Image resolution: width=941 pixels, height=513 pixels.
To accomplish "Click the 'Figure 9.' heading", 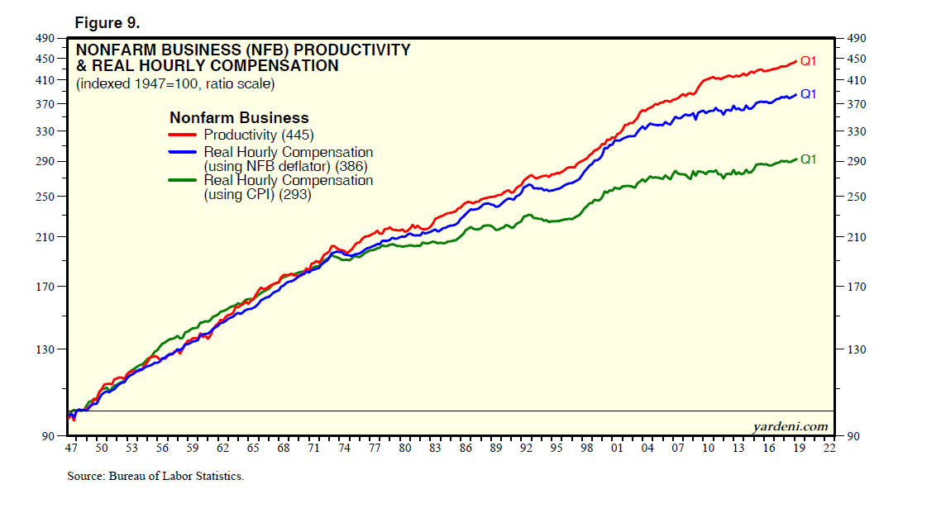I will [x=108, y=20].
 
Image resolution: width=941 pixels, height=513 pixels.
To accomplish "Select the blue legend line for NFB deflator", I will [x=184, y=153].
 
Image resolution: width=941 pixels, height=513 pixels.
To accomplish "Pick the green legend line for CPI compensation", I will [x=184, y=181].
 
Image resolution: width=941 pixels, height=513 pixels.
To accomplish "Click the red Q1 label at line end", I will [x=808, y=60].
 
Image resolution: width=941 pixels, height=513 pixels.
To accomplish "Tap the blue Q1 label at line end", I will [x=808, y=94].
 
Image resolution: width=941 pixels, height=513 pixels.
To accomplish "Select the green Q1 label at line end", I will [x=808, y=159].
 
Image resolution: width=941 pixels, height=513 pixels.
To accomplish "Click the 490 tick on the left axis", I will [x=45, y=38].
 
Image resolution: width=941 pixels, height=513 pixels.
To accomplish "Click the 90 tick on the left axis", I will [x=48, y=435].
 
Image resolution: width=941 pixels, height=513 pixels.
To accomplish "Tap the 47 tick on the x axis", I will [x=72, y=448].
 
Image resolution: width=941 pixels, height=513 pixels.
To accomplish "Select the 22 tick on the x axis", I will [x=829, y=448].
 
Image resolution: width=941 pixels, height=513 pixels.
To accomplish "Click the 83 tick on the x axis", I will [x=435, y=448].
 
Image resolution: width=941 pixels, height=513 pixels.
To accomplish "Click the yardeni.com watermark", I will [x=790, y=426].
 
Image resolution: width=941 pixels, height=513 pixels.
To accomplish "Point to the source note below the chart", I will [x=155, y=477].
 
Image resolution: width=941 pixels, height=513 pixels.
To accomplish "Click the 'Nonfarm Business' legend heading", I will [x=239, y=118].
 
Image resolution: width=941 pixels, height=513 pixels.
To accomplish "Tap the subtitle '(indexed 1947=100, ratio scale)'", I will [x=175, y=84].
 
